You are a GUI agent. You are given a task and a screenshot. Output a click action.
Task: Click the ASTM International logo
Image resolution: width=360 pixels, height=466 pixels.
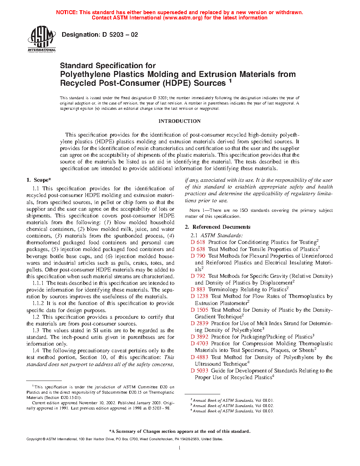(x=42, y=40)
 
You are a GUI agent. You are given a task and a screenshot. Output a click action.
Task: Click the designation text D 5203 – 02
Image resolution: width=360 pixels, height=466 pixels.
(x=100, y=35)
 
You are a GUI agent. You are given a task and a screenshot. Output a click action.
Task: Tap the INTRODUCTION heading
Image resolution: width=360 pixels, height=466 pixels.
(x=179, y=121)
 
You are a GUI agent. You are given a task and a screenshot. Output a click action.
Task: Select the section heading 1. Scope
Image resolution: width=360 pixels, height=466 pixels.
(x=39, y=180)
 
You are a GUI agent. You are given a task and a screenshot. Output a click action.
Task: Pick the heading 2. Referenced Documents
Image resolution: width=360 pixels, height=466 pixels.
(x=218, y=227)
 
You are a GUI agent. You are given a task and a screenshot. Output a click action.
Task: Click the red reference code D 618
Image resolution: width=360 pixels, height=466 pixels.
(x=198, y=242)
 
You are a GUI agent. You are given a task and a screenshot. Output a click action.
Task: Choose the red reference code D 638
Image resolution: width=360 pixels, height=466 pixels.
(x=198, y=249)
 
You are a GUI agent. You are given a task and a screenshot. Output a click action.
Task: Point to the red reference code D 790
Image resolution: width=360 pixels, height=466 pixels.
(x=198, y=256)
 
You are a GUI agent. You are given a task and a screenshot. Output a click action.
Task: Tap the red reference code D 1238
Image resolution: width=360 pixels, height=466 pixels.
(x=199, y=296)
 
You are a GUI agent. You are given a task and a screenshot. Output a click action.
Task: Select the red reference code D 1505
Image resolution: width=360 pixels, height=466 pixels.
(x=199, y=310)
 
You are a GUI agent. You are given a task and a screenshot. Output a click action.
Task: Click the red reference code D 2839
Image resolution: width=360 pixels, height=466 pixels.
(x=199, y=323)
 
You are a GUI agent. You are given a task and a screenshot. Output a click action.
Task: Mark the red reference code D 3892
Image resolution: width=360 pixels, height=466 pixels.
(x=199, y=337)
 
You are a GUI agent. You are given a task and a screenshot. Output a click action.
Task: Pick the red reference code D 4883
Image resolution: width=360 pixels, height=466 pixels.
(x=199, y=357)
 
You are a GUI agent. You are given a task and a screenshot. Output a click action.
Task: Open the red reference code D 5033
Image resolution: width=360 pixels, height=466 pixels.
(x=199, y=371)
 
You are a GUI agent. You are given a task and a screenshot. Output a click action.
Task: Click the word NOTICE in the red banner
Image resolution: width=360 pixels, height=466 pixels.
(x=67, y=12)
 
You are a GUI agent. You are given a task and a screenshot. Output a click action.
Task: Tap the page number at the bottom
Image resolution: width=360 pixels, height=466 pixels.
(x=180, y=448)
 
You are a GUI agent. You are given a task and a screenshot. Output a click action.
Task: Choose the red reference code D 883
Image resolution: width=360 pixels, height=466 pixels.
(x=198, y=289)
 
